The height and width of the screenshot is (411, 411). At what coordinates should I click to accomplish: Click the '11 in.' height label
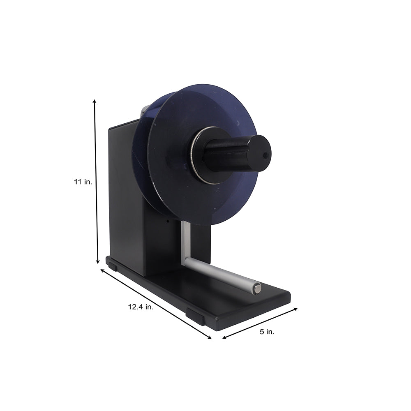coord(83,181)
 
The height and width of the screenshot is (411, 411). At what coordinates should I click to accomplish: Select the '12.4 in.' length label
coord(141,307)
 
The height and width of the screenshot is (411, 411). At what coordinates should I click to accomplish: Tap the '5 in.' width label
coord(267,332)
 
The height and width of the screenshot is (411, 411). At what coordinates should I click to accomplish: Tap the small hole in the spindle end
coord(265,155)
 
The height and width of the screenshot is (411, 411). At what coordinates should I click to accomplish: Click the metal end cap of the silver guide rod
coord(257,289)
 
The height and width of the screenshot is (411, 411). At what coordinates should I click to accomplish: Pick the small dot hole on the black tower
coord(167,221)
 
